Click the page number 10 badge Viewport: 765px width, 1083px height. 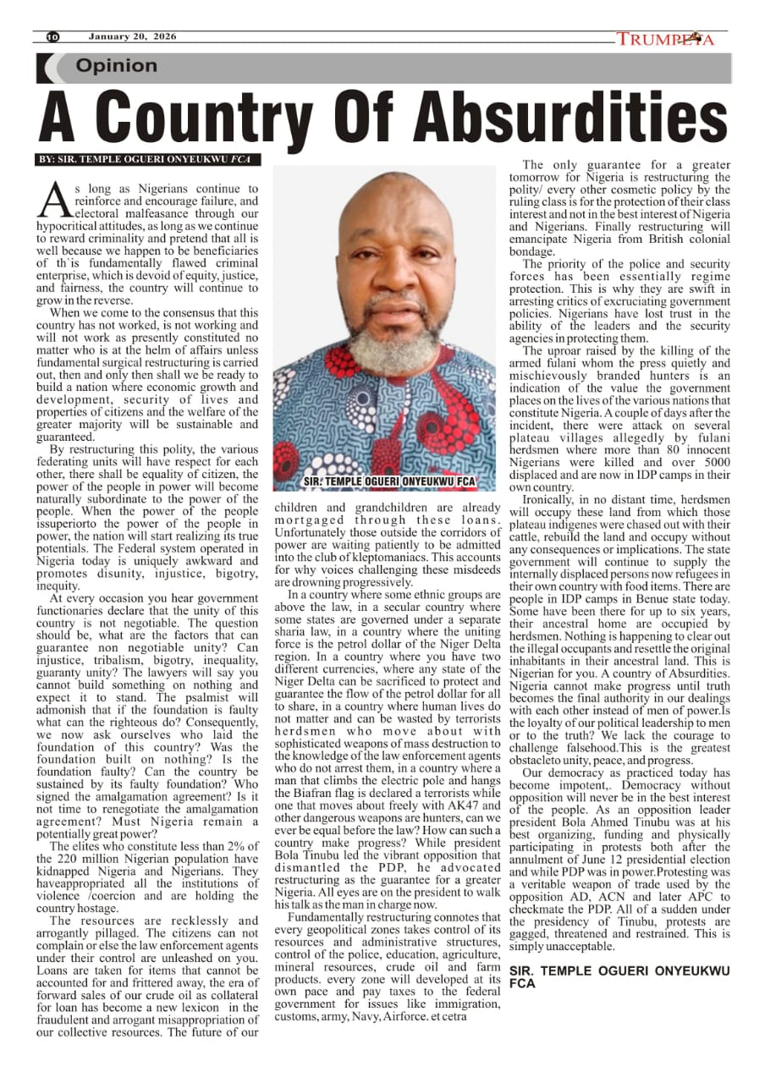point(52,37)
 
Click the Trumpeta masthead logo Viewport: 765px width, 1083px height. point(665,39)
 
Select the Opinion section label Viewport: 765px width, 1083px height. point(116,66)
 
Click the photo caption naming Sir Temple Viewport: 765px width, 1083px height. point(388,481)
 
